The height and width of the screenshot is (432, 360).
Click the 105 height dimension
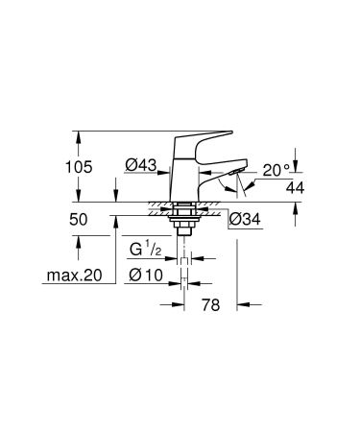79,167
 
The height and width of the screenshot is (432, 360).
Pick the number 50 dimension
79,220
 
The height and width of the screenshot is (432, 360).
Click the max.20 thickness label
73,277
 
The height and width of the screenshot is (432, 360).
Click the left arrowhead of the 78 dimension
181,305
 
